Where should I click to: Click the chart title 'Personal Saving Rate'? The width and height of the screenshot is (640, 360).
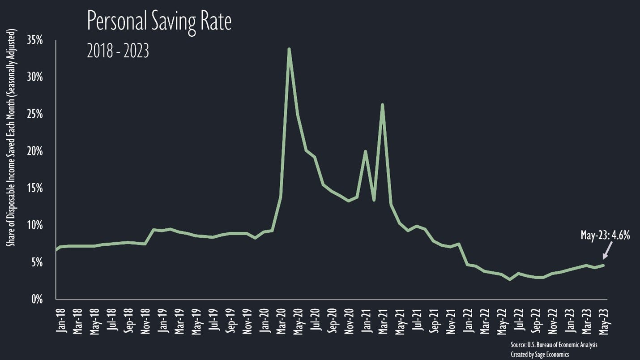tap(159, 21)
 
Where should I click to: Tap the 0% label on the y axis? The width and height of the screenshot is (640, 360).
tap(36, 299)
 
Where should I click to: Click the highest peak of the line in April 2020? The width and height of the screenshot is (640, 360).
tap(289, 49)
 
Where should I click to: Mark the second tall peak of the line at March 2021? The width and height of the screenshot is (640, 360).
tap(382, 104)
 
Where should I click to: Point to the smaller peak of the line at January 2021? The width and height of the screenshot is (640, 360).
tap(365, 151)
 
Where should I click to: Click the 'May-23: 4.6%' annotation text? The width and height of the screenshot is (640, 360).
tap(605, 236)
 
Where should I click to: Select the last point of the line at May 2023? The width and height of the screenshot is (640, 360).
tap(603, 265)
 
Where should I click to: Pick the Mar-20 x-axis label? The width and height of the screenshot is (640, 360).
tap(282, 320)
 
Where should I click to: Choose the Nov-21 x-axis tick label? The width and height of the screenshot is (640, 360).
tap(451, 320)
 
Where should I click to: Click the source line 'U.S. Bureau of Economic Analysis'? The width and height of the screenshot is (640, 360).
tap(554, 345)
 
